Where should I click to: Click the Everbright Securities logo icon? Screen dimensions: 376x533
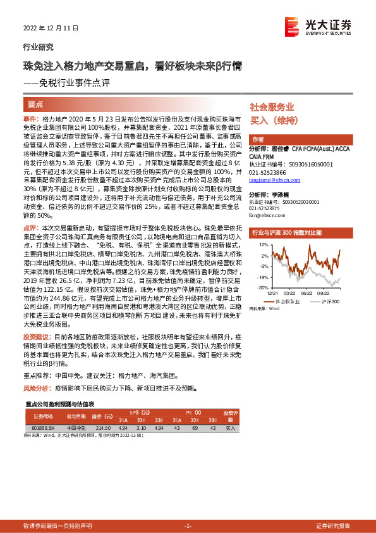click(x=292, y=25)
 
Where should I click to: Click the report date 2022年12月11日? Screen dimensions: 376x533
click(x=47, y=28)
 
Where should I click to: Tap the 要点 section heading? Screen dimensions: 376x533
click(x=35, y=104)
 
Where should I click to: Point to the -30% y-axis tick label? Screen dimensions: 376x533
click(x=262, y=287)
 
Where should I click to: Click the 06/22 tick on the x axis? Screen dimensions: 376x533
click(x=308, y=292)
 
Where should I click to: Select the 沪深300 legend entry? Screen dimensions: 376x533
click(x=329, y=301)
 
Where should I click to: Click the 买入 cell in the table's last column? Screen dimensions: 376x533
click(x=231, y=429)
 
